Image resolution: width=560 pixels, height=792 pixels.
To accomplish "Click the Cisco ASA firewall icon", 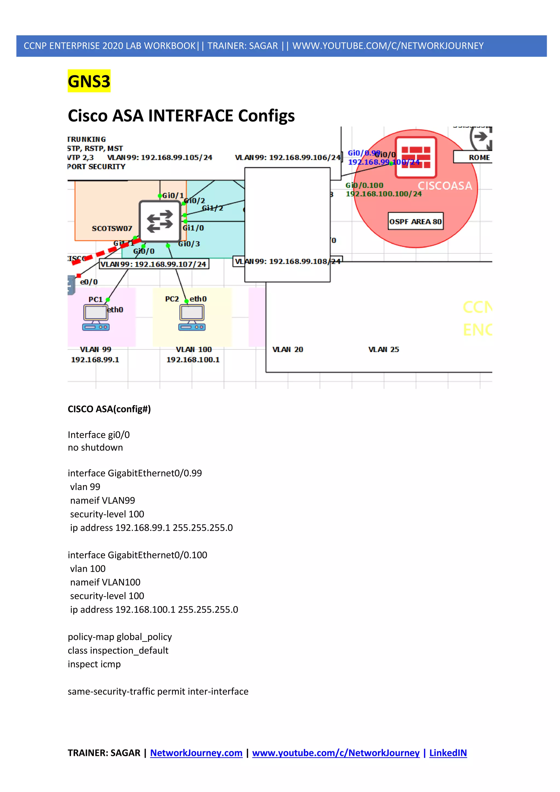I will coord(416,157).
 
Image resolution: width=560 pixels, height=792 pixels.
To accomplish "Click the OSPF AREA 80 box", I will coord(416,222).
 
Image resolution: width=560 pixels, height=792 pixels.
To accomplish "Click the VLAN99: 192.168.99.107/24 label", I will coord(154,264).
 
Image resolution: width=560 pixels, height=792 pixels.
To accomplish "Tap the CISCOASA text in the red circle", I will coord(445,186).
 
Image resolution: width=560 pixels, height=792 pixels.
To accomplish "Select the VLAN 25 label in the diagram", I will coord(383,350).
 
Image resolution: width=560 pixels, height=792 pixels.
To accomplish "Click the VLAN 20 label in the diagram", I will coord(288,350).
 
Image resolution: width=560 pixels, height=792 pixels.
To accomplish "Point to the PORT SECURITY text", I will coord(97,167).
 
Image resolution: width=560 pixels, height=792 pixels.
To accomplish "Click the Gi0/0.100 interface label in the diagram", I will coord(364,185).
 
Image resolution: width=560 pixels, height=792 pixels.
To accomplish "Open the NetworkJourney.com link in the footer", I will coord(196,753).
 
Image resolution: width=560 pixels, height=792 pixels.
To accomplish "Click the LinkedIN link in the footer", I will coord(448,753).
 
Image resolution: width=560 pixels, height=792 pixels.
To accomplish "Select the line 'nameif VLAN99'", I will coord(103,500).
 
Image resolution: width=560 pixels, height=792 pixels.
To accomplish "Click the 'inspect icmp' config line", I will coord(94,664).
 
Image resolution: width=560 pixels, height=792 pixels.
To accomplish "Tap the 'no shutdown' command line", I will coord(95,447).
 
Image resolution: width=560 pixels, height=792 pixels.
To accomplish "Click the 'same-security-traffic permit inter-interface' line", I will coord(158,692).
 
